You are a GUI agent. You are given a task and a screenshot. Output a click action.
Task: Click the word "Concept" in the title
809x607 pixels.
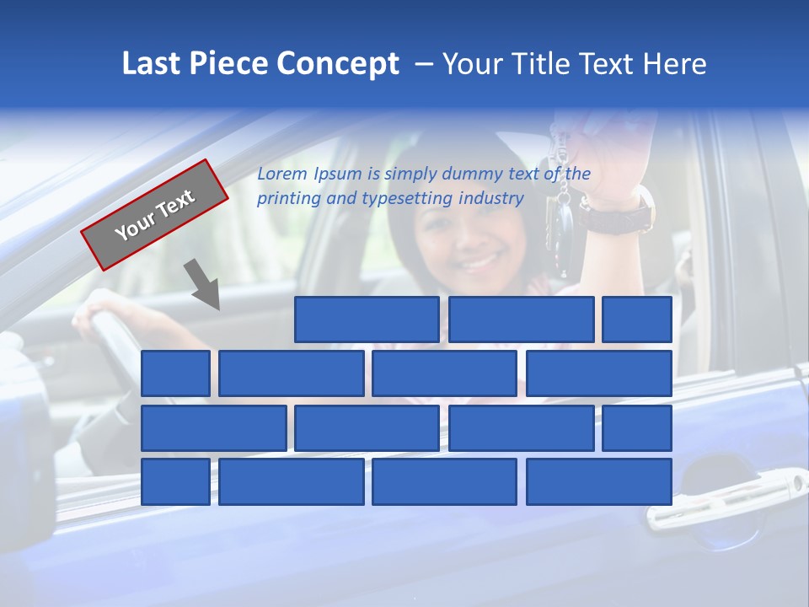pos(338,64)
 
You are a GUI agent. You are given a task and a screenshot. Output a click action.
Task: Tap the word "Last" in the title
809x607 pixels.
pos(152,64)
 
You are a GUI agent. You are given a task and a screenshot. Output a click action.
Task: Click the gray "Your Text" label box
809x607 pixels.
pos(155,214)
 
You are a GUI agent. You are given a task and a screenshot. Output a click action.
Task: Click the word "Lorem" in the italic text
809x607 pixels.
pos(282,174)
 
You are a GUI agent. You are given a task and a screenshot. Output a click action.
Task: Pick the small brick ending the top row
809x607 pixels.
pos(637,320)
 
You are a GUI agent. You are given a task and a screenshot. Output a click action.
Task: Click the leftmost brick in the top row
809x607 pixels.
pos(367,320)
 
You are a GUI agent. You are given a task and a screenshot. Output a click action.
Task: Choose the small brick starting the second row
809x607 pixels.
pos(175,373)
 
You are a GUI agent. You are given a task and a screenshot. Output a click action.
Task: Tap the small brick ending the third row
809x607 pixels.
pos(637,427)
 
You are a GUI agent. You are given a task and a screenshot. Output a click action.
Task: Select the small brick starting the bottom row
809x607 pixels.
pos(175,481)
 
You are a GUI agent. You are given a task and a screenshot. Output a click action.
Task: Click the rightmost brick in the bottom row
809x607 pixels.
pos(599,481)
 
